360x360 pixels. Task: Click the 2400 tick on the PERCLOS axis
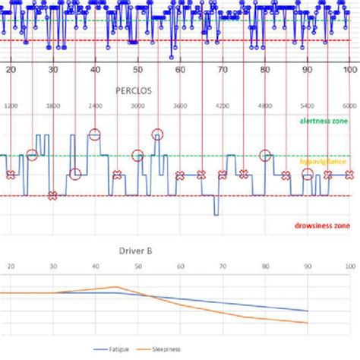[95, 106]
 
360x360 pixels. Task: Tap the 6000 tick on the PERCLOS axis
[349, 106]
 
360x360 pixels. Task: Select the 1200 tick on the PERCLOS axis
[10, 106]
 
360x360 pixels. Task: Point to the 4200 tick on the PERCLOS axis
[222, 106]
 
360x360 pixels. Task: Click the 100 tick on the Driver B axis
[349, 267]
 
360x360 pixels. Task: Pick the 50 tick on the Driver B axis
[137, 267]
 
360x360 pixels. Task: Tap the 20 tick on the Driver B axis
[10, 267]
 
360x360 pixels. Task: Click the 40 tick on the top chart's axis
[95, 70]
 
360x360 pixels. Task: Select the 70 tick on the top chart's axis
[222, 70]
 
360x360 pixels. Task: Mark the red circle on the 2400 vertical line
[95, 135]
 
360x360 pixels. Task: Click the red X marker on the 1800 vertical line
[52, 196]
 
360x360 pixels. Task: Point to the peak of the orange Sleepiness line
[116, 287]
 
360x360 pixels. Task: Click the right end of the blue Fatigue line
[307, 311]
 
